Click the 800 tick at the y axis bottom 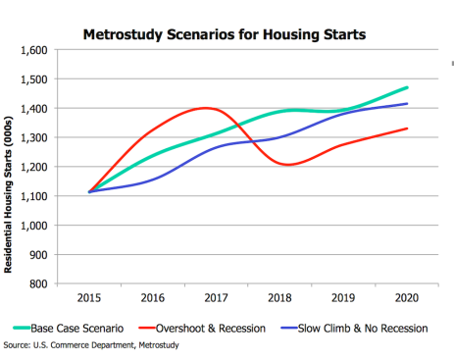click(x=38, y=283)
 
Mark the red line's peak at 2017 click(x=208, y=108)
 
